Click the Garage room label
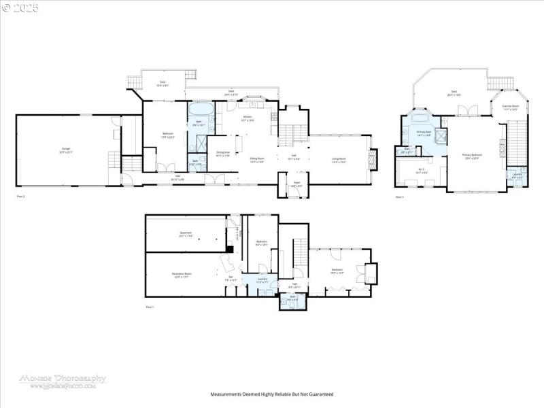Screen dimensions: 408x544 66,150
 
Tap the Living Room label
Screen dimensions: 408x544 339,160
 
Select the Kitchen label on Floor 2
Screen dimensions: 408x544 248,118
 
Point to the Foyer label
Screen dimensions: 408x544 296,184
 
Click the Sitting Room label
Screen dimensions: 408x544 257,160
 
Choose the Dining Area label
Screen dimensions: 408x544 223,154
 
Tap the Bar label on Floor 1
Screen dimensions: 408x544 231,278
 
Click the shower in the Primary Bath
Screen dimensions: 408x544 441,134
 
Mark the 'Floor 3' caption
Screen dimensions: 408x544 399,197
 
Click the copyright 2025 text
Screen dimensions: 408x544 20,7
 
